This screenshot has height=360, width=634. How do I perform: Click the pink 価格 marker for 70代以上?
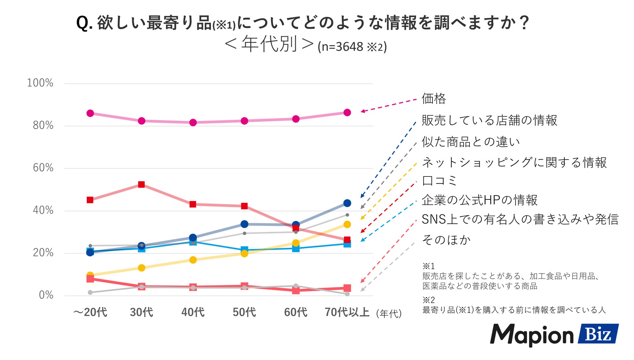[347, 112]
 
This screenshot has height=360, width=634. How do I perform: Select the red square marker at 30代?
[141, 185]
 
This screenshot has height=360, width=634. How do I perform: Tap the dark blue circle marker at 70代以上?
[347, 203]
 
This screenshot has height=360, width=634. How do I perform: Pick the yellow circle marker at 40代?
[193, 260]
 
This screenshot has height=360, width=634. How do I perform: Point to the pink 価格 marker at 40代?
[193, 122]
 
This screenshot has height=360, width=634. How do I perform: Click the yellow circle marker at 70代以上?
[347, 225]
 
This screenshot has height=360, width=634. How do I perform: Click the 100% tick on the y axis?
[40, 83]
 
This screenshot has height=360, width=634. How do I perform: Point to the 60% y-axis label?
[43, 168]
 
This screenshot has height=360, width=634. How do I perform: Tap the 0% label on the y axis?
[46, 295]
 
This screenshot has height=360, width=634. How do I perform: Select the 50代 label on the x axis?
[244, 312]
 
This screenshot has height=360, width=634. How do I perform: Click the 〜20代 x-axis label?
[90, 312]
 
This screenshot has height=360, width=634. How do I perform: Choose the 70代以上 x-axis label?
[347, 312]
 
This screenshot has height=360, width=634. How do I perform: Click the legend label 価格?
[434, 98]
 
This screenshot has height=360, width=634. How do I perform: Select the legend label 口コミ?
[439, 181]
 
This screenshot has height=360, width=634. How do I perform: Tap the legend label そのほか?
[446, 240]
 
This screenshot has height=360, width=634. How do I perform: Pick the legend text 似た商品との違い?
[470, 142]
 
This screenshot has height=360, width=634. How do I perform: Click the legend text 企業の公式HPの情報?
[479, 200]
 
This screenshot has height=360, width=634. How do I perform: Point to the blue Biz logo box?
[598, 334]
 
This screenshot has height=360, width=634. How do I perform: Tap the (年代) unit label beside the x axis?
[389, 314]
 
